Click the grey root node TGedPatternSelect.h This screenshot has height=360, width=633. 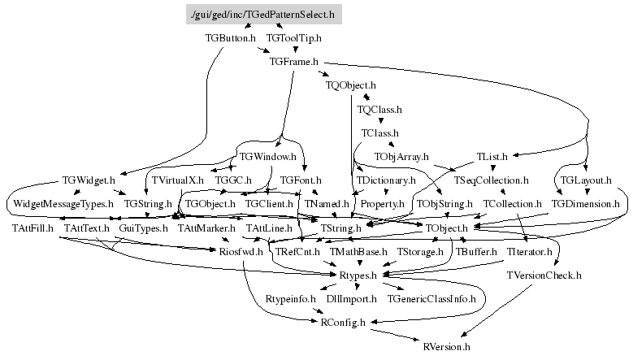[262, 15]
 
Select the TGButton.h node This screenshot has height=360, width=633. [231, 37]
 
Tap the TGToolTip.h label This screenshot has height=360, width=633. [293, 37]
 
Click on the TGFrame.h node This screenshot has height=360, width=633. [293, 61]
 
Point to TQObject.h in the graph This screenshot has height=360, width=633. [350, 85]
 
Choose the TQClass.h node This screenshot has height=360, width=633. [379, 108]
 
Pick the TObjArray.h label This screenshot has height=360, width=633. [401, 155]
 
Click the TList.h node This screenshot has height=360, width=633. [492, 155]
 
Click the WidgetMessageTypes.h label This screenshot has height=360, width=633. [63, 203]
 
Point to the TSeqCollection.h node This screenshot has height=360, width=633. [492, 180]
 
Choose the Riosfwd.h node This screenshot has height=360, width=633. [241, 253]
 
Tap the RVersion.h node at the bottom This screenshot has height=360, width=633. [447, 347]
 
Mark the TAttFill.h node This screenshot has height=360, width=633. [33, 228]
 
